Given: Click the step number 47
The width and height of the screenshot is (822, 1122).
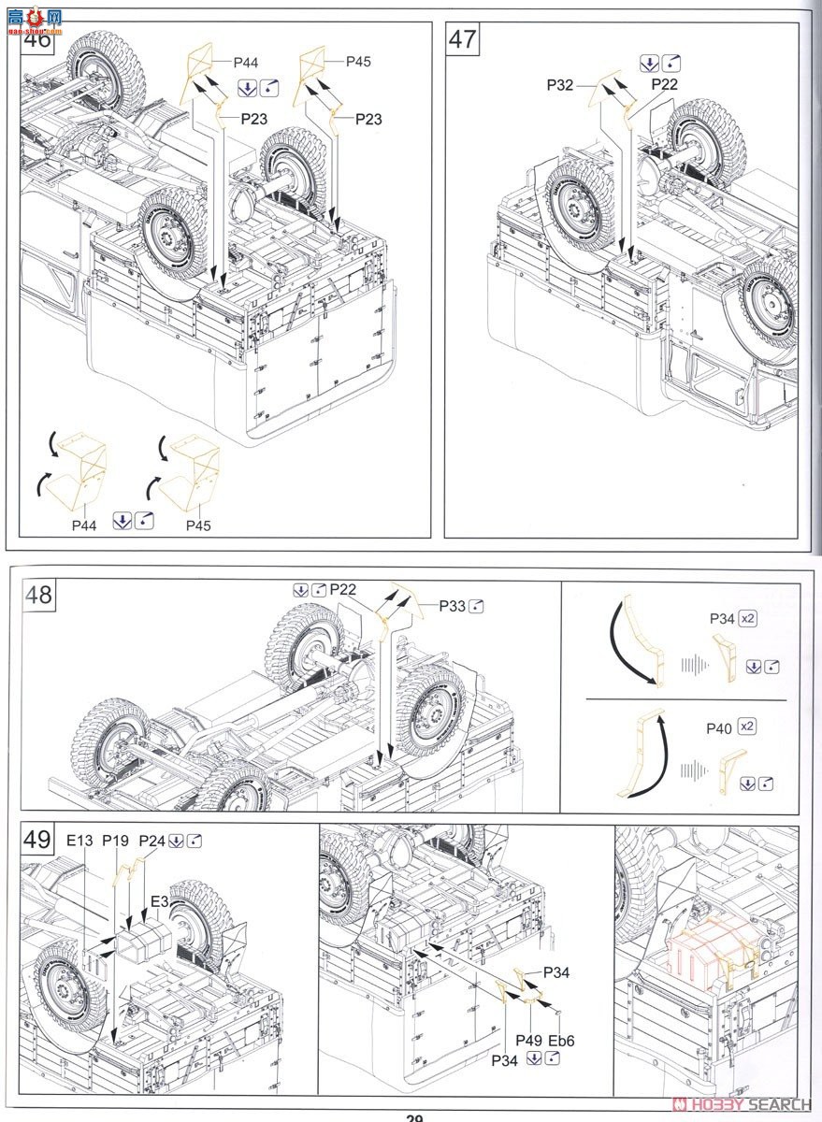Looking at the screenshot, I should pos(463,39).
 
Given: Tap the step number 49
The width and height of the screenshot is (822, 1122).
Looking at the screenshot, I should pos(38,840).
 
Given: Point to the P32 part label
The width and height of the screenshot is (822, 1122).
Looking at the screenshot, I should pos(560,85).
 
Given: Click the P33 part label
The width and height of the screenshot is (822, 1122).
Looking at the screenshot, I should pos(453,606).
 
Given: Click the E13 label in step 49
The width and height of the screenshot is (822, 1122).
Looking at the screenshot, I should pos(79,841).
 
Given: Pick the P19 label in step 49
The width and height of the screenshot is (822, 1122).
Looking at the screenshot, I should pos(115,841).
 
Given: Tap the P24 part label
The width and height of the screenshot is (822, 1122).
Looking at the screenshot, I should pos(151,841).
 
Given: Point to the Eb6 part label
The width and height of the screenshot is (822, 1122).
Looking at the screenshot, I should pos(561,1039).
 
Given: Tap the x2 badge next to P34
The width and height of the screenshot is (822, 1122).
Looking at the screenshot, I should pos(746,618).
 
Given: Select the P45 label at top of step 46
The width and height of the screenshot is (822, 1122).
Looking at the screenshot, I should pos(358,62).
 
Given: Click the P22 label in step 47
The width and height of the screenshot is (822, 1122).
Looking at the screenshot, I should pos(665,85).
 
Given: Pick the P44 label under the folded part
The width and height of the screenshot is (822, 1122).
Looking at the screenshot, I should pos(84,525).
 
